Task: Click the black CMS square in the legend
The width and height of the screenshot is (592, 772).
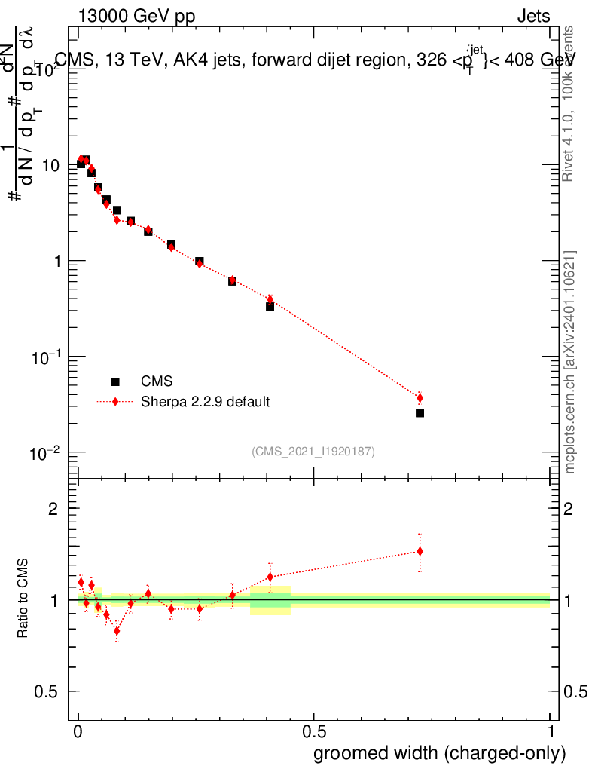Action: point(115,381)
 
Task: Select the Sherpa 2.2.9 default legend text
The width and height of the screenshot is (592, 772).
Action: point(206,401)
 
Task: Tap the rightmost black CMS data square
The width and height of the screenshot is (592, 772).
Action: point(420,413)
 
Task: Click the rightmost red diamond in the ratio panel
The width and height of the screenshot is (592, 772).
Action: point(420,551)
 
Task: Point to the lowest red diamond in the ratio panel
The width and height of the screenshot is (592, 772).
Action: point(117,631)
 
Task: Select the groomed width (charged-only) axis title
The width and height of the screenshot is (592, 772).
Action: point(439,753)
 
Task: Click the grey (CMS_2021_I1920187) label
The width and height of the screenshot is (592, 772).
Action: point(313,451)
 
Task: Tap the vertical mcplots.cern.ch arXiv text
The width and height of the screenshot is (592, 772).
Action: point(571,362)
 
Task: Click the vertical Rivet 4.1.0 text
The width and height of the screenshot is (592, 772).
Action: point(571,103)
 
